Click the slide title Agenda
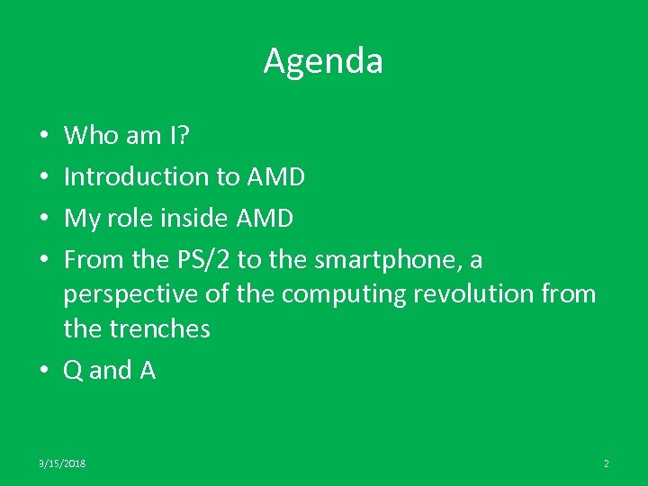(323, 61)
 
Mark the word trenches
(159, 328)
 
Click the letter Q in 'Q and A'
(73, 370)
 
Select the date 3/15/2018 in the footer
(62, 463)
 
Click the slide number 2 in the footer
(606, 463)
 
